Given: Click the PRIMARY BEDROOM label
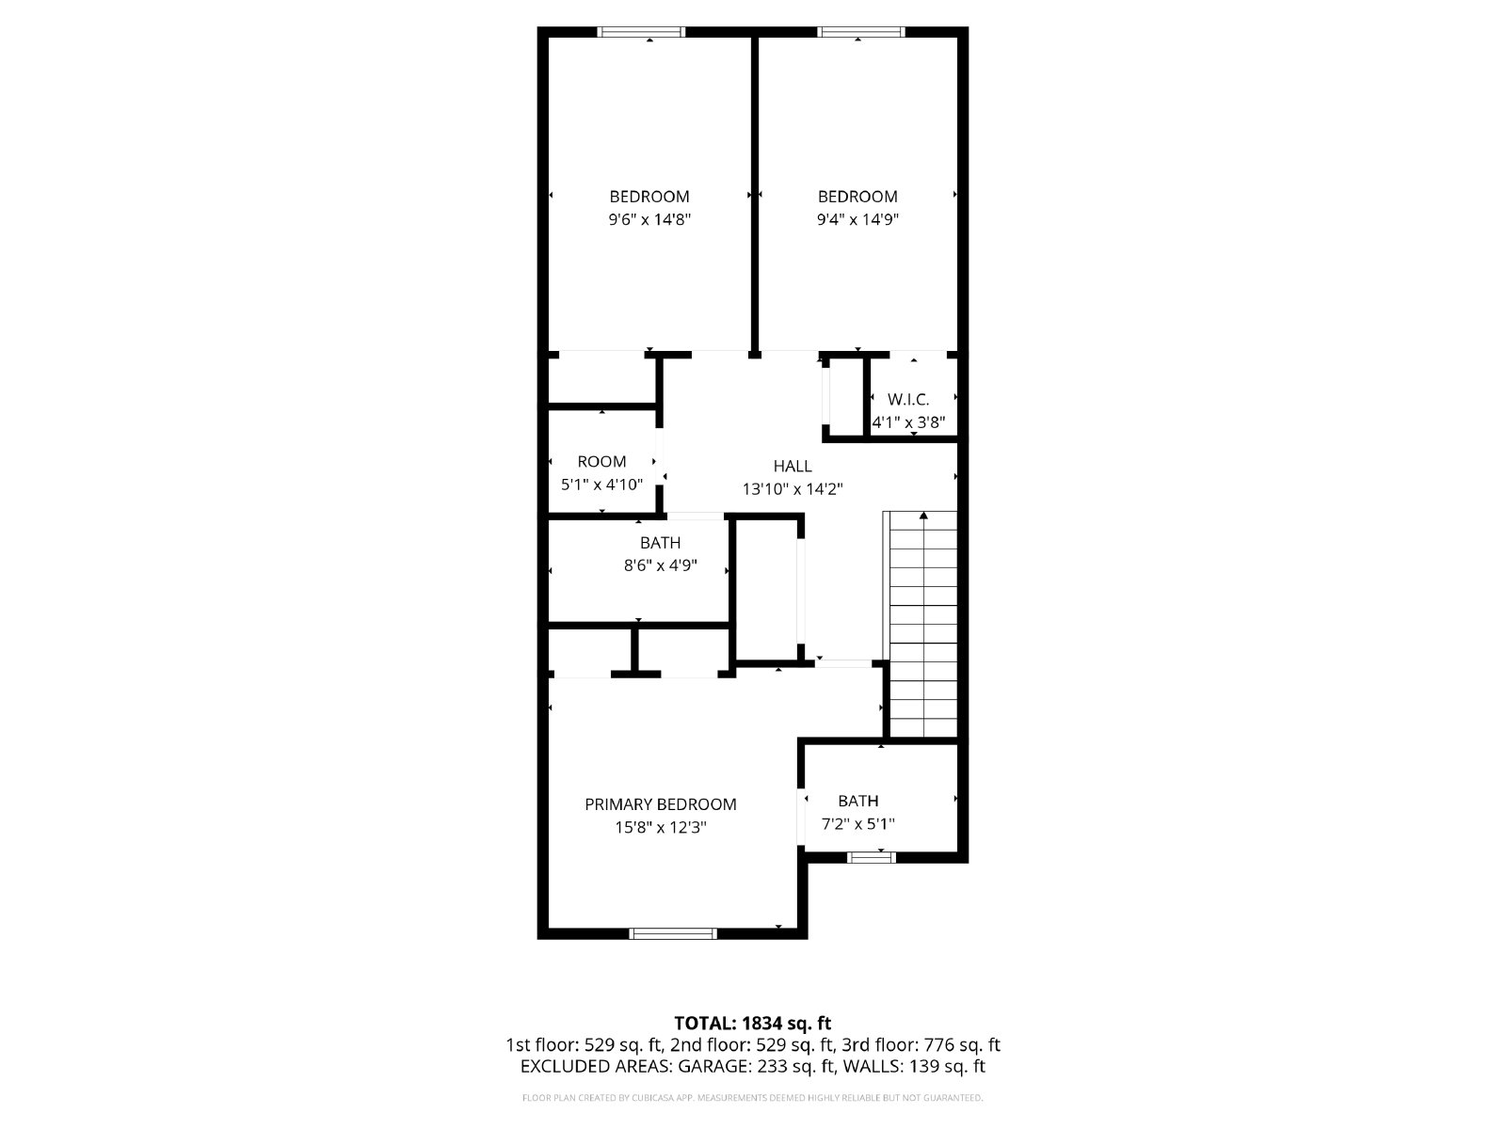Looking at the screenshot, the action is tap(660, 804).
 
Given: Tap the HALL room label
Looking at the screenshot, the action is tap(793, 466).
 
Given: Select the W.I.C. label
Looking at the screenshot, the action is tap(908, 400).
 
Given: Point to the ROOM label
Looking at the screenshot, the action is tap(601, 461).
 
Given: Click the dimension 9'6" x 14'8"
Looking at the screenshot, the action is tap(649, 219).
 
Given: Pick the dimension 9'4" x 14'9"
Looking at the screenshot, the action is tap(857, 219).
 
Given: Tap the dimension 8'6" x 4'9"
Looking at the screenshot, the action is tap(660, 565).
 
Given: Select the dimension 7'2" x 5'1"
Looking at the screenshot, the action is tap(857, 824).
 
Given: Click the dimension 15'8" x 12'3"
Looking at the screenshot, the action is tap(660, 827).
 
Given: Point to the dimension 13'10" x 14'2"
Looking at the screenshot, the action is tap(793, 489).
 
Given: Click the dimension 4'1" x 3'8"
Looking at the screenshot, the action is tap(908, 423).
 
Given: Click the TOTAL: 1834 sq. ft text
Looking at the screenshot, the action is tap(753, 1024).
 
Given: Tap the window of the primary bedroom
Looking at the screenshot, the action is tap(672, 933).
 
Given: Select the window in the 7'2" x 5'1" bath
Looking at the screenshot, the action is tap(872, 857).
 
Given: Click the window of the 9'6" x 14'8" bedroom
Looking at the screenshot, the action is tap(641, 32).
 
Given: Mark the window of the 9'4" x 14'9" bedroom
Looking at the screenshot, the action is tap(860, 32).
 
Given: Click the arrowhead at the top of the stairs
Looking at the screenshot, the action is tap(923, 516).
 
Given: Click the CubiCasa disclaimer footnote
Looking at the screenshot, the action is tap(753, 1098).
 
